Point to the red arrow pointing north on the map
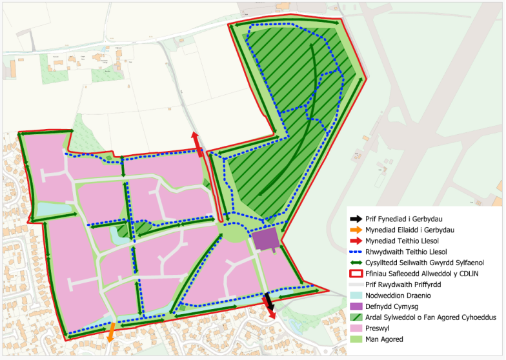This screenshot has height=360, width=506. tap(197, 143)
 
